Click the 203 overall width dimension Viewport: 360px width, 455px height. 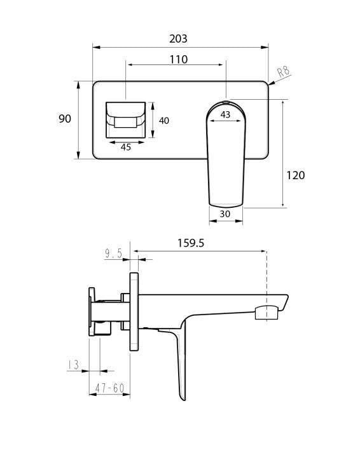click(179, 39)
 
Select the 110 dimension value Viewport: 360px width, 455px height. click(178, 59)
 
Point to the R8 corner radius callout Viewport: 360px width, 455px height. click(283, 71)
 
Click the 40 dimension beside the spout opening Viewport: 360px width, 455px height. click(164, 121)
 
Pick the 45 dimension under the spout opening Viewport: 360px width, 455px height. click(125, 147)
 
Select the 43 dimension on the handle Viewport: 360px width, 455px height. click(225, 114)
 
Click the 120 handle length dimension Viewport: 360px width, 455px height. click(296, 175)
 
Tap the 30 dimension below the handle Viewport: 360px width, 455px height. click(225, 214)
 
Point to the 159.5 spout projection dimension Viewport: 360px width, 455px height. click(191, 243)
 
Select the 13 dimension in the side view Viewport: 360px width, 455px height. click(73, 365)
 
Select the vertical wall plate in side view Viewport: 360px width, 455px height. click(134, 311)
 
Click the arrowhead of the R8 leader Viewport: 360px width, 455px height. click(271, 81)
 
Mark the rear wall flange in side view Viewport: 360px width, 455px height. click(92, 311)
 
